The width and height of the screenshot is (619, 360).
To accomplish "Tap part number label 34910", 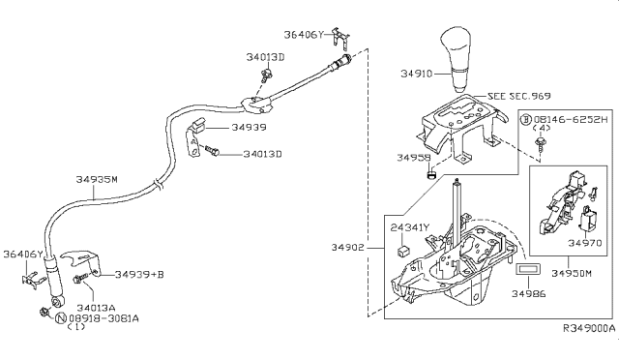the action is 417,74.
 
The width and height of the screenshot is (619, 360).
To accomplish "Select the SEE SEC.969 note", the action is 518,96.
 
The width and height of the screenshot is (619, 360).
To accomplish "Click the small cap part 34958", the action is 432,173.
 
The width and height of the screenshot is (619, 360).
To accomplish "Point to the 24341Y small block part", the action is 402,252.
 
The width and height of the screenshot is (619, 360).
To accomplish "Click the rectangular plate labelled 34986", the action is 528,269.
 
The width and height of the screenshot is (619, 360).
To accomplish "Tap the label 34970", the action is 585,243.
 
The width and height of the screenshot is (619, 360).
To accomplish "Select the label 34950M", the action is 572,273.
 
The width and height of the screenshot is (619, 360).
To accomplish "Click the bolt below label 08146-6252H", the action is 539,143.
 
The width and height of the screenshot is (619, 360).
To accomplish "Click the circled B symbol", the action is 526,119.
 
